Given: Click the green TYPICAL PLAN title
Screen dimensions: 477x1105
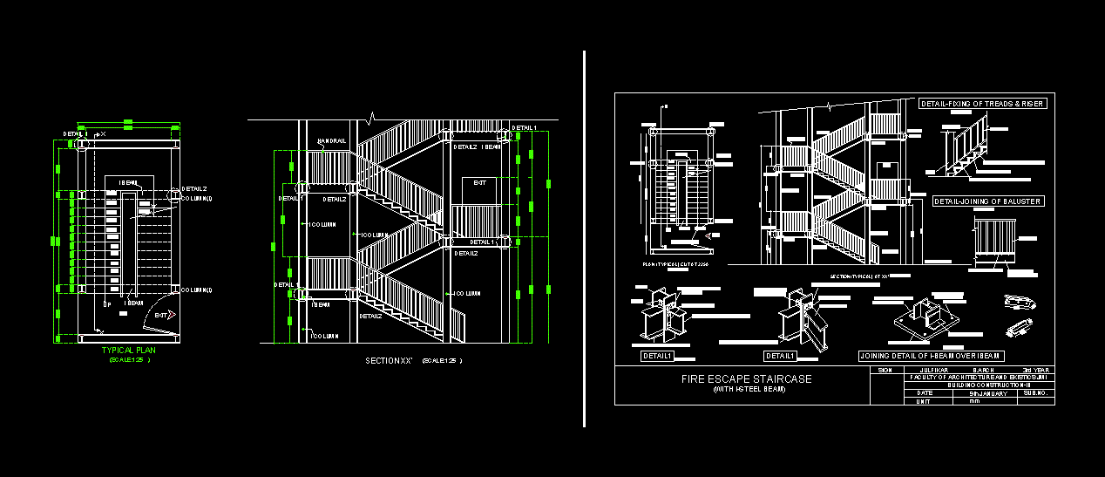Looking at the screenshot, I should pos(128,350).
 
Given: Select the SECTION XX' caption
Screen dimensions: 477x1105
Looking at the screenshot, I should pos(389,360).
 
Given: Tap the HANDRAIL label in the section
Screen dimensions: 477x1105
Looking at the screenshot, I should pos(331,140).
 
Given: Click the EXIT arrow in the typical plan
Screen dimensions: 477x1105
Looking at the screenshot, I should pos(164,315).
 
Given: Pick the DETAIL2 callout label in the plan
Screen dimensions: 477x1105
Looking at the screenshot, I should pos(193,188).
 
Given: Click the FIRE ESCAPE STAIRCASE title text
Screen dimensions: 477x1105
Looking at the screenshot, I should pos(746,379).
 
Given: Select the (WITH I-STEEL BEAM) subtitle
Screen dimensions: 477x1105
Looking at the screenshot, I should pos(749,390).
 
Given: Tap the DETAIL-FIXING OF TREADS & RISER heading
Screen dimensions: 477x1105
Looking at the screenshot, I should pos(982,104).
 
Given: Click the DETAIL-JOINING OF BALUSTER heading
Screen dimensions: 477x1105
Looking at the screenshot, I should pos(988,201).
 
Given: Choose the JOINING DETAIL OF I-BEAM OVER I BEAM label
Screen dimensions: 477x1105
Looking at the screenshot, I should pos(932,356).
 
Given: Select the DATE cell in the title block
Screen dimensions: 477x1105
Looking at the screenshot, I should pos(924,393).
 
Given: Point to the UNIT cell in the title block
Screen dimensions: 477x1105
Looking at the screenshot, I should pos(924,401).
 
